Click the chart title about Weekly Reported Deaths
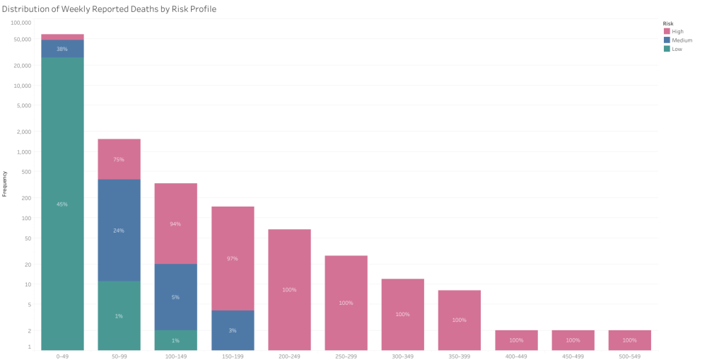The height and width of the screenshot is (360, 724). [110, 9]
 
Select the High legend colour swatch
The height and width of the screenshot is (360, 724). [667, 31]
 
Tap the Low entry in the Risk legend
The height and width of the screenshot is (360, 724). [677, 49]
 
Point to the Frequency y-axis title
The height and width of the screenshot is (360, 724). [5, 183]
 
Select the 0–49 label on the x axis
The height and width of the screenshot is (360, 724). [62, 356]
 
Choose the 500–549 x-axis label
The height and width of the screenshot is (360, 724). [629, 356]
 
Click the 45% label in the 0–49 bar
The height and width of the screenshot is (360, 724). [62, 204]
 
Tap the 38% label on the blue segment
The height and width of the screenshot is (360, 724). [62, 49]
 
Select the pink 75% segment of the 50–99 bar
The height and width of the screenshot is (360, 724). [119, 159]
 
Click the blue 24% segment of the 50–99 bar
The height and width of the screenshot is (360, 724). [119, 230]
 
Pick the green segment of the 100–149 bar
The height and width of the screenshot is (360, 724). [175, 340]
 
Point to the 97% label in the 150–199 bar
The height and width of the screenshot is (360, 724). [233, 259]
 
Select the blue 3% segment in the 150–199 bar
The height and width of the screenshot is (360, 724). [233, 330]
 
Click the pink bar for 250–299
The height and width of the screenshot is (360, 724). [346, 303]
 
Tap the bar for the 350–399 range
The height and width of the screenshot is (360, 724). [459, 320]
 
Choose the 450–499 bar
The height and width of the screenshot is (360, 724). [573, 340]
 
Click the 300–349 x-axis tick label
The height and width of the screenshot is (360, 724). [402, 356]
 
